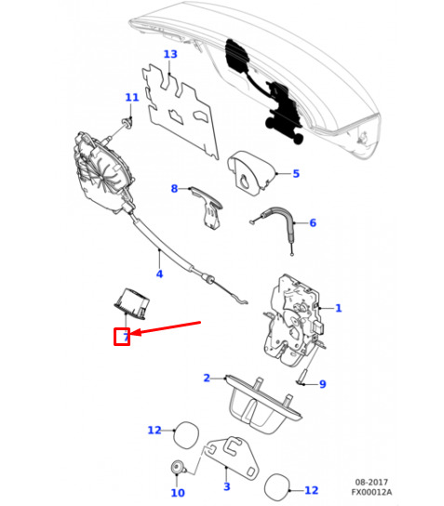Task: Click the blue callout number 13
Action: coord(170,54)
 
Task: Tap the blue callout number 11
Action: coord(132,98)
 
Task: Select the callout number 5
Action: coord(296,174)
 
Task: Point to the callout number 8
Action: coord(174,189)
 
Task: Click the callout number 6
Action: coord(313,223)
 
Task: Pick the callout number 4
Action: coord(159,274)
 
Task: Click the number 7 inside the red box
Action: coord(126,338)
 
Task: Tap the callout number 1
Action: coord(339,308)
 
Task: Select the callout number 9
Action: coord(323,384)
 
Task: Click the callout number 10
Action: coord(178,493)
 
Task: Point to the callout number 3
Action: coord(227,486)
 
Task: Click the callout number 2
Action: coord(207,378)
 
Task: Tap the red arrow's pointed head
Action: coord(132,333)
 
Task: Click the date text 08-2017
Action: coord(371,482)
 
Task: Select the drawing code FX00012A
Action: coord(371,492)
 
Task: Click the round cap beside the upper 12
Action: coord(186,434)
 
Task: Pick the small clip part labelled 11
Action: coord(127,123)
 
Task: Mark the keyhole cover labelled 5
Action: coord(250,173)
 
